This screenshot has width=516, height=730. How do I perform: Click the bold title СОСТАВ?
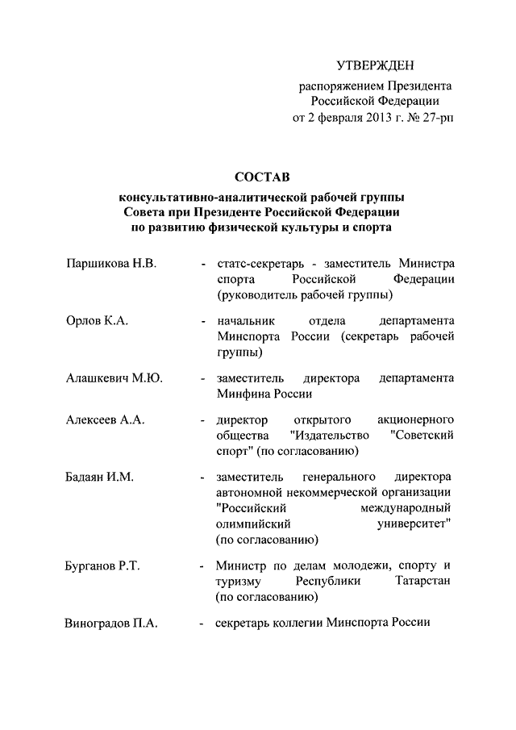(259, 176)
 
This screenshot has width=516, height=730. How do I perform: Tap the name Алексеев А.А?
(106, 420)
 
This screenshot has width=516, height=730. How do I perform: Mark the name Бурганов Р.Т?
(103, 565)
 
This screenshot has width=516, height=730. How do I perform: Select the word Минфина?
(243, 394)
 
